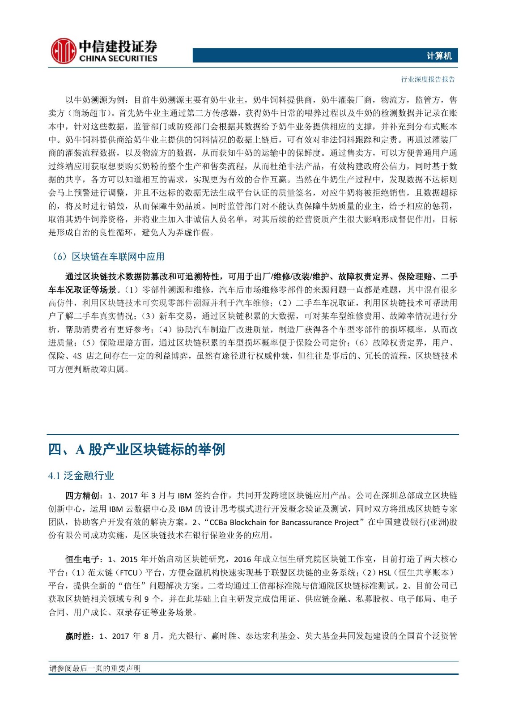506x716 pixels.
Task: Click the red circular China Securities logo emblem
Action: [63, 51]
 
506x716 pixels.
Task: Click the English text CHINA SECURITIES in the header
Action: [118, 59]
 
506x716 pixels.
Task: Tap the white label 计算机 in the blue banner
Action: [439, 56]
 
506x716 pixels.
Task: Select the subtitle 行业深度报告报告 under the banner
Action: [428, 80]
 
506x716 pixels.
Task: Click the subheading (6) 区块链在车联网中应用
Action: [108, 256]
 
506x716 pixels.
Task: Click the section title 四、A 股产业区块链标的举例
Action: [136, 449]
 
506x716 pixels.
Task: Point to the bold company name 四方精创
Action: [82, 496]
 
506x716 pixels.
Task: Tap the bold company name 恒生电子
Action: [82, 559]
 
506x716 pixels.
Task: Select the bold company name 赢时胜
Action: [78, 636]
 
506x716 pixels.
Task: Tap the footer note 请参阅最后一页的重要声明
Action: [95, 668]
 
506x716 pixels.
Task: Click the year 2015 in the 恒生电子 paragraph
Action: [129, 559]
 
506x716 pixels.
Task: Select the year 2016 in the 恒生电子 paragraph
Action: [242, 559]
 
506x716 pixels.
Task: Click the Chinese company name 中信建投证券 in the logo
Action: [118, 47]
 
